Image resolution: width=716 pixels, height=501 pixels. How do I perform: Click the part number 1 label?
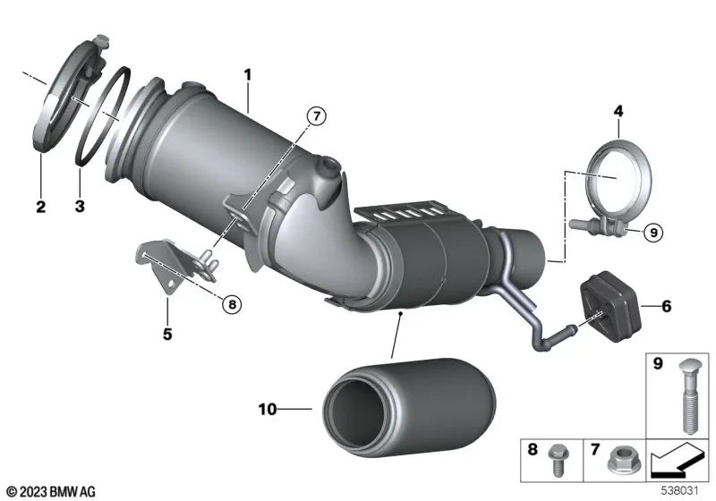pyautogui.click(x=248, y=69)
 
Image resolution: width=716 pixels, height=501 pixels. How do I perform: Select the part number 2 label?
pyautogui.click(x=40, y=208)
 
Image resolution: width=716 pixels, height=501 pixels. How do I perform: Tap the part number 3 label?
pyautogui.click(x=79, y=208)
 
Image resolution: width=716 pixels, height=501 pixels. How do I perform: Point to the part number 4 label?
pyautogui.click(x=617, y=111)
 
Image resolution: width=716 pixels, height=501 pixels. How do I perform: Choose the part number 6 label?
pyautogui.click(x=666, y=306)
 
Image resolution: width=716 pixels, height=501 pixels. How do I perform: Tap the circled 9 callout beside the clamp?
pyautogui.click(x=652, y=232)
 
